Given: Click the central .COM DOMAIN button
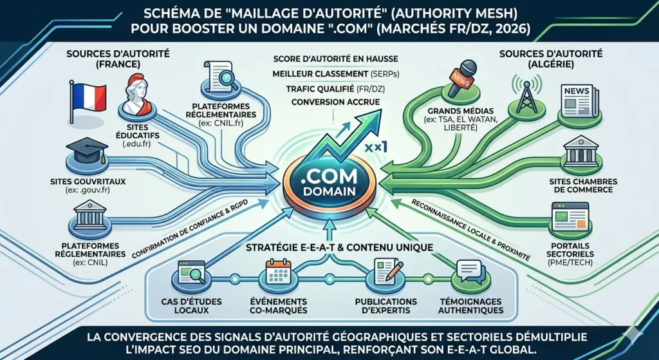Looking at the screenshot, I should [329, 182].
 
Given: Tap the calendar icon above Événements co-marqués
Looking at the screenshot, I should [279, 274].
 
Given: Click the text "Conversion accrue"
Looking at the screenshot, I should [335, 102].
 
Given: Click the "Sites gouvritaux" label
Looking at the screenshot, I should [88, 182].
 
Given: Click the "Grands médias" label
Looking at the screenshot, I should [451, 111].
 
